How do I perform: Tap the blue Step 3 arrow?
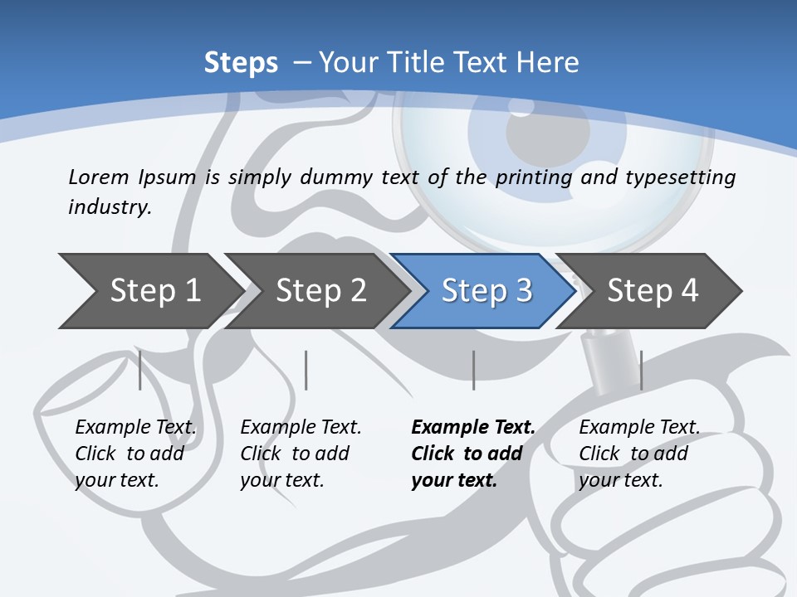click(486, 291)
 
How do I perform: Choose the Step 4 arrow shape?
click(653, 291)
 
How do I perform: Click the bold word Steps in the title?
click(241, 63)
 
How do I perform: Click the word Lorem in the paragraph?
click(98, 177)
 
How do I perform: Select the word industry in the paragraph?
click(109, 207)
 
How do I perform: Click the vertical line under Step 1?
click(139, 370)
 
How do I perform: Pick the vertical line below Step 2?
click(306, 370)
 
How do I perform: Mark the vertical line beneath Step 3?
click(473, 370)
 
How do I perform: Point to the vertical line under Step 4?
click(641, 370)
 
